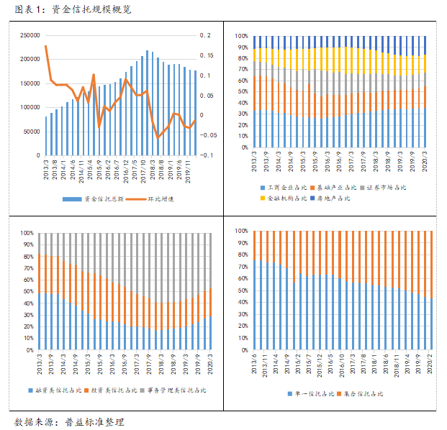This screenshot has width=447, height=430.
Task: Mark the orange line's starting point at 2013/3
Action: pos(45,46)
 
